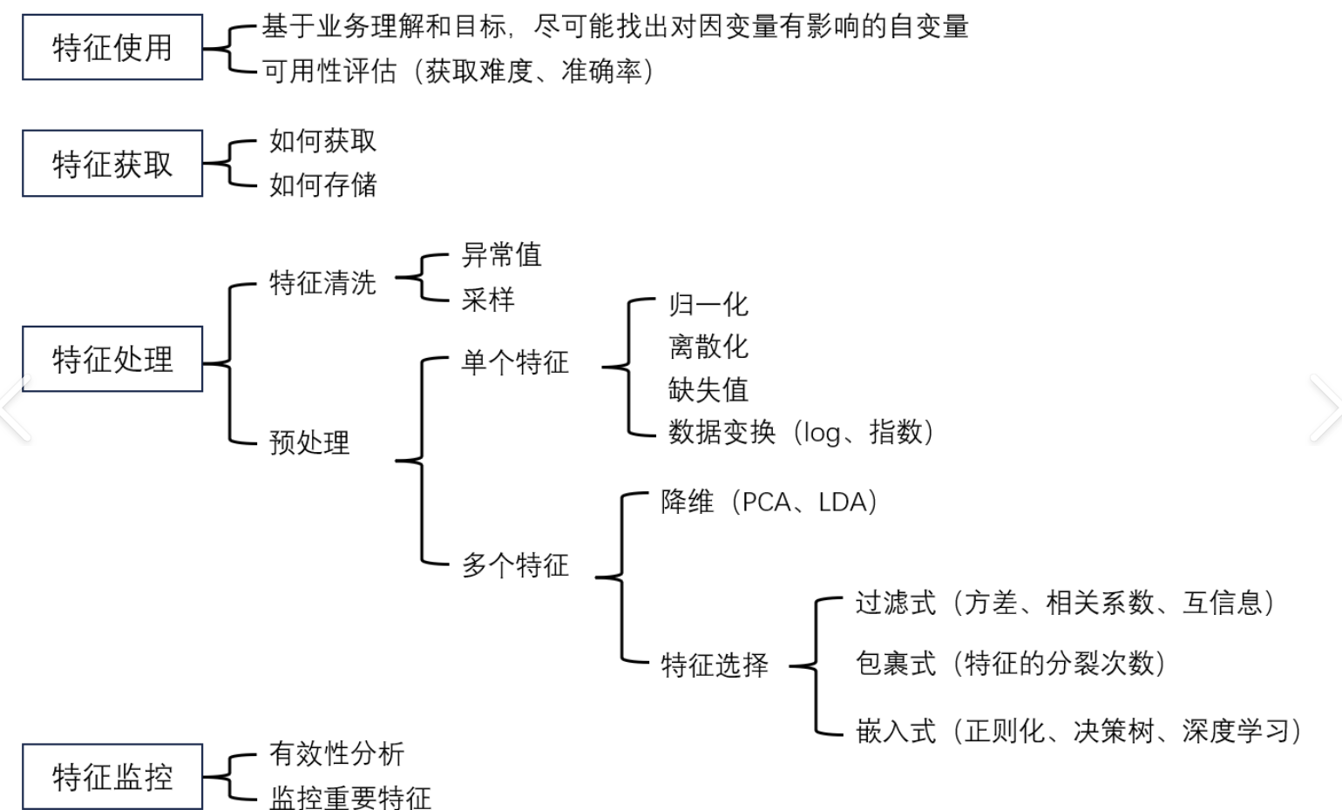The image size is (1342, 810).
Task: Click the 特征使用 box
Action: coord(112,48)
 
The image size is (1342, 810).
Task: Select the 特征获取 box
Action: coord(112,164)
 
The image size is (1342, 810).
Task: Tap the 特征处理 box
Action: coord(112,359)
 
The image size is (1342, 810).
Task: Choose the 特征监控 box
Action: coord(112,777)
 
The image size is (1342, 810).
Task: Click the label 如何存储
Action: coord(322,185)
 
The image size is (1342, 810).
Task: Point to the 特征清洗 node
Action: coord(322,282)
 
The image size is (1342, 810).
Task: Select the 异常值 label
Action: coord(501,255)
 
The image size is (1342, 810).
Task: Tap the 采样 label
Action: coord(488,300)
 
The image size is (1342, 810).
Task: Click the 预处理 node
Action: coord(309,442)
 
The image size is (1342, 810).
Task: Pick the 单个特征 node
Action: coord(515,362)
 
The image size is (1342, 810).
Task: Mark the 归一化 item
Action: coord(708,305)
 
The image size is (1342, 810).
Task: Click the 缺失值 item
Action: coord(708,389)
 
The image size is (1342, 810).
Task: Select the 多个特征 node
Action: coord(515,565)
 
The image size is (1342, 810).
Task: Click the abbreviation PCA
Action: coord(766,503)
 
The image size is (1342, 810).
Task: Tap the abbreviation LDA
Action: coord(843,503)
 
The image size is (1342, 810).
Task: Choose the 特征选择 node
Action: coord(715,665)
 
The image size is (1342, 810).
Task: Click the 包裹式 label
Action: coord(895,664)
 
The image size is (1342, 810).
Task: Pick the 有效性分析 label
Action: coord(336,753)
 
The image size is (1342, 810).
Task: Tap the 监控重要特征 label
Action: coord(350,797)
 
